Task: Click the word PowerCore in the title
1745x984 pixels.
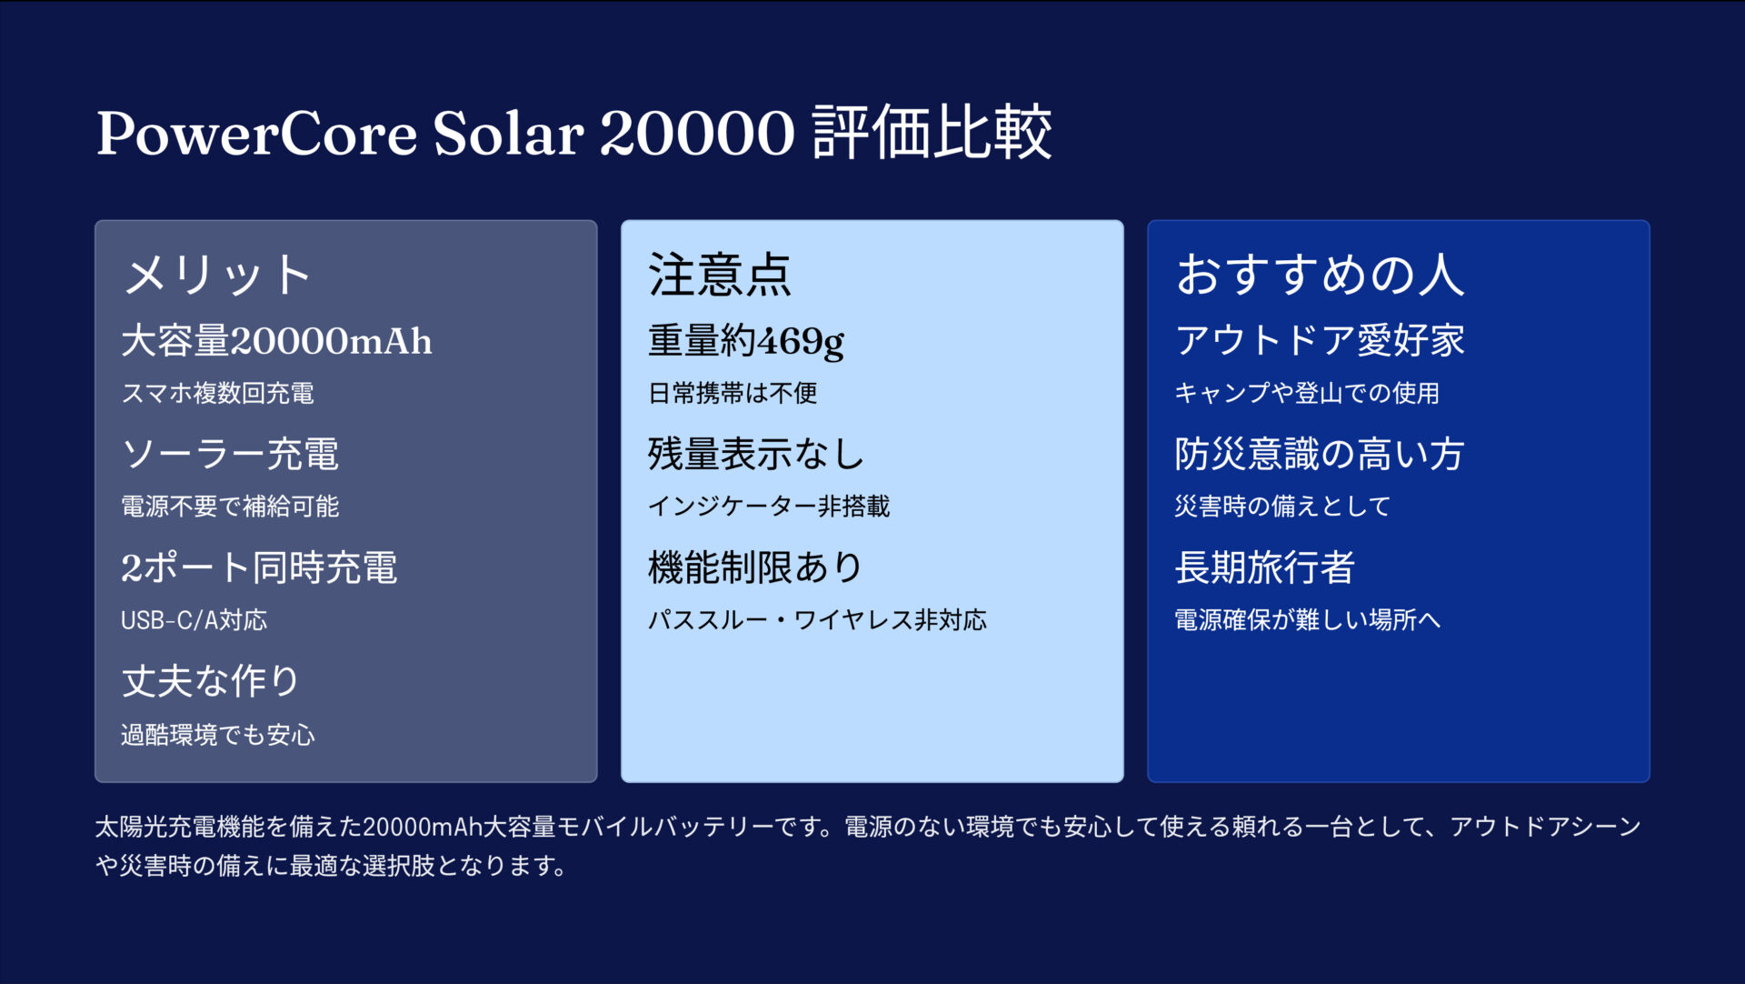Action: click(257, 134)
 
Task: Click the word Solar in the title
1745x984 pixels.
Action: click(508, 134)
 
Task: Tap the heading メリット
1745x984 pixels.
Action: click(218, 275)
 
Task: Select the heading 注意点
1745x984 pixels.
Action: click(720, 275)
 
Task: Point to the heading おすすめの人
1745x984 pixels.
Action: click(1320, 275)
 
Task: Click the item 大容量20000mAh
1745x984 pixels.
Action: click(276, 341)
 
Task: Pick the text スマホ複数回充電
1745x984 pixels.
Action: click(218, 393)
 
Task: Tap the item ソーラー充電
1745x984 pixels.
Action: click(230, 454)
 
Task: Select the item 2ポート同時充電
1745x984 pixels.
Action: click(259, 567)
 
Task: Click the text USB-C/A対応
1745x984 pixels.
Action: click(194, 620)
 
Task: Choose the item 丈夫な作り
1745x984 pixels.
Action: click(211, 681)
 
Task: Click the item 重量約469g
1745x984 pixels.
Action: click(746, 341)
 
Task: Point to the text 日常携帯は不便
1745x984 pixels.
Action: click(733, 393)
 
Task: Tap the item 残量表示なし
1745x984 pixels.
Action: click(756, 454)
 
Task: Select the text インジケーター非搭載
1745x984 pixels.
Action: click(769, 506)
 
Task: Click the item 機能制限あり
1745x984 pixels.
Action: click(755, 567)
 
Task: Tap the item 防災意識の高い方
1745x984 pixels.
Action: click(1319, 454)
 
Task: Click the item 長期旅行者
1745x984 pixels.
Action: click(1264, 567)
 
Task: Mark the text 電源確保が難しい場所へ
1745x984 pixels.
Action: click(1307, 620)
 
